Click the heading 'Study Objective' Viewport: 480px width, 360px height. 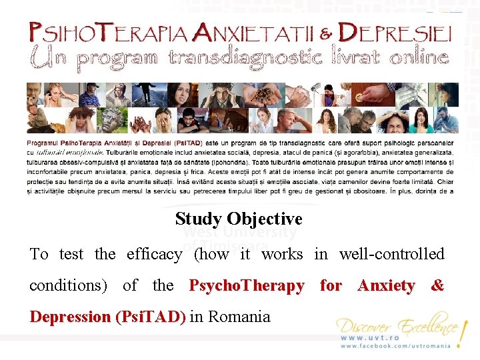click(239, 219)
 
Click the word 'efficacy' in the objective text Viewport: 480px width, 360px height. click(153, 254)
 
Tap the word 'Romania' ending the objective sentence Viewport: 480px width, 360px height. click(239, 316)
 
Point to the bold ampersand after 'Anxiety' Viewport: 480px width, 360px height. click(437, 285)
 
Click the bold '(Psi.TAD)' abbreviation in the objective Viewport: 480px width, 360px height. click(151, 316)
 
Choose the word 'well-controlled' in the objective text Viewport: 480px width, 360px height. click(391, 254)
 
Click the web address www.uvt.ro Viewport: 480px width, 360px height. click(371, 338)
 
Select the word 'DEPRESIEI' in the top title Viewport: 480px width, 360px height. click(395, 32)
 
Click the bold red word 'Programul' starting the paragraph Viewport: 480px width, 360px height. click(43, 143)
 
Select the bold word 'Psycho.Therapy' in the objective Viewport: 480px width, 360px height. click(247, 285)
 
